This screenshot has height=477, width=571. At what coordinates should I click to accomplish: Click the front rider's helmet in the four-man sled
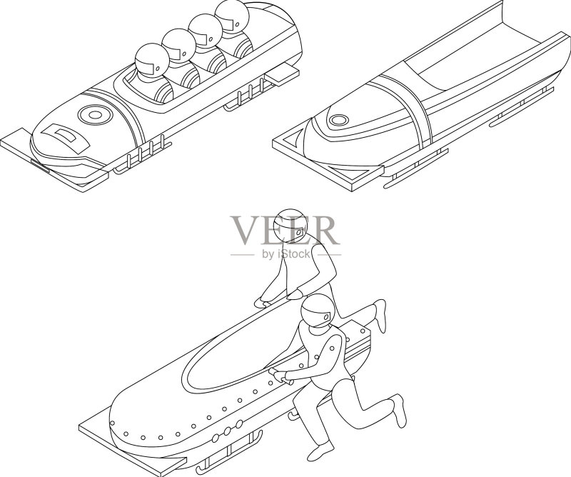point(152,61)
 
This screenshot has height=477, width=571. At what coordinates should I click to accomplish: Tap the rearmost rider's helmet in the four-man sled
point(231,17)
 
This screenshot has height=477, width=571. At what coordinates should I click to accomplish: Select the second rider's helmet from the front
point(179,46)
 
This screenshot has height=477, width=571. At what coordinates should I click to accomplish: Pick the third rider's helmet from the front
point(205,31)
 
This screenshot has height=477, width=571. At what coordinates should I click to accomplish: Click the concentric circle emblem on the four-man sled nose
point(95,115)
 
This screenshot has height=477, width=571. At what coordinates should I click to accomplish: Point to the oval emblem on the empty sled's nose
point(338,120)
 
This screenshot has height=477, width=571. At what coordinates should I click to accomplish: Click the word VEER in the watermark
point(283,231)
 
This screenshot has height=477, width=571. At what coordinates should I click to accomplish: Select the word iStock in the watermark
point(293,253)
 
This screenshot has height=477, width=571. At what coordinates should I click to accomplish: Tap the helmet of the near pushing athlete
point(318,311)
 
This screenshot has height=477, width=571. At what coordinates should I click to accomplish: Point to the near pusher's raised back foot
point(400,410)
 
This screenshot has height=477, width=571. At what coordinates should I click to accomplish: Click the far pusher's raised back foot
point(380,316)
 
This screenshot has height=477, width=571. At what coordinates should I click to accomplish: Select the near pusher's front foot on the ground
point(320,451)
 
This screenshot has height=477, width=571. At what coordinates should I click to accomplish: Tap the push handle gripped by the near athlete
point(281,377)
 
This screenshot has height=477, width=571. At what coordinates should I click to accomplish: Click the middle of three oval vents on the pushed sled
point(227,431)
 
